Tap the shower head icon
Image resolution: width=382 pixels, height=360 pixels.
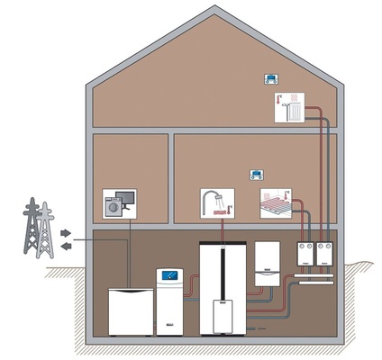[216, 204]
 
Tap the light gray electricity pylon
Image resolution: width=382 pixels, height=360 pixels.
[45, 236]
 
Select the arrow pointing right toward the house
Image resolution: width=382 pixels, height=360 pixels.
[64, 231]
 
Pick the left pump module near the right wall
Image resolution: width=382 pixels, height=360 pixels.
[305, 256]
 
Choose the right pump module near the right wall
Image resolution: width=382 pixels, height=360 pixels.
[322, 256]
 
